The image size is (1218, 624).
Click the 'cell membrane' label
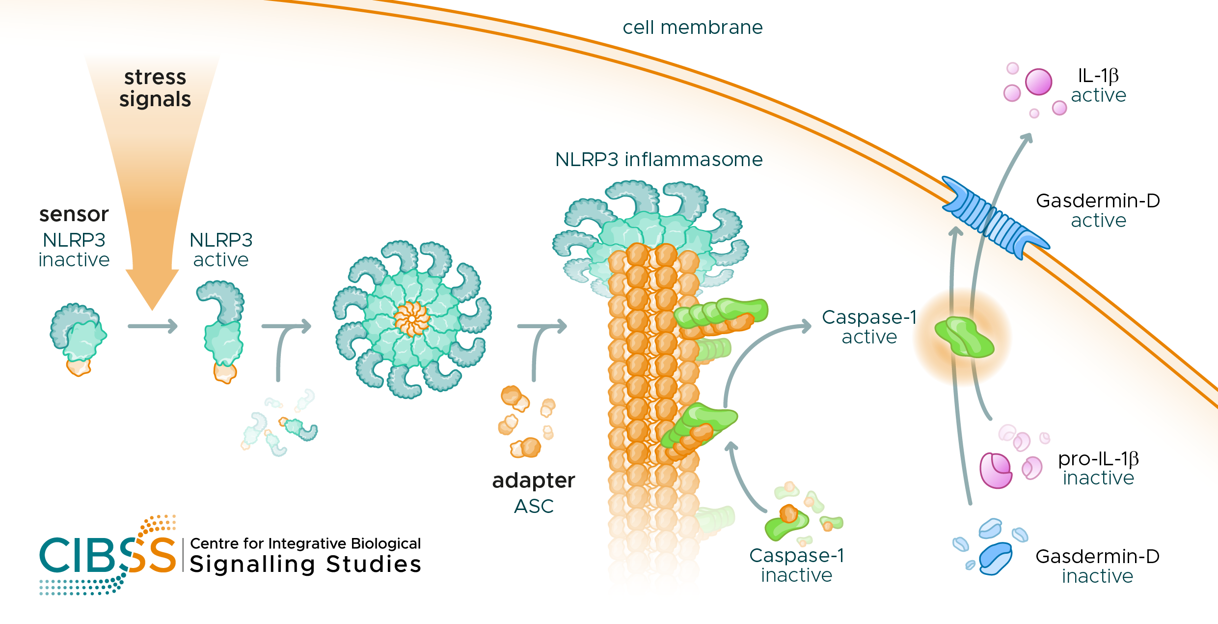[693, 28]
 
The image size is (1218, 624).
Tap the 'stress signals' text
[155, 88]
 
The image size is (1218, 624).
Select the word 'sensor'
[74, 214]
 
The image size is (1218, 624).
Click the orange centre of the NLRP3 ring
[412, 319]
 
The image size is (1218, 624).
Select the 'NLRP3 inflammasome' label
[659, 160]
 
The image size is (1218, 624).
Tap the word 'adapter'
[534, 481]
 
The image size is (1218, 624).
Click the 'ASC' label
[534, 506]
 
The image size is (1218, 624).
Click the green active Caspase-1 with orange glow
[964, 337]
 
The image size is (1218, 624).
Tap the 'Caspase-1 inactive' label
[796, 565]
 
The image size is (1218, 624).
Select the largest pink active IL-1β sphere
[1038, 82]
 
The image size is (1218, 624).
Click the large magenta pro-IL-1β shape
[996, 470]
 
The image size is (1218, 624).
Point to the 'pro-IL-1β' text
[1098, 459]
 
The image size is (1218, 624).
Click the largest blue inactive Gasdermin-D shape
[995, 559]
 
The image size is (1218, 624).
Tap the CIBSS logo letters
[108, 555]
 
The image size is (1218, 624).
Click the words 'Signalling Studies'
[305, 565]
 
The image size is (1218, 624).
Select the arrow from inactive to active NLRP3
[153, 326]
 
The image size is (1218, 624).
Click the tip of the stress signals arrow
[152, 310]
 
